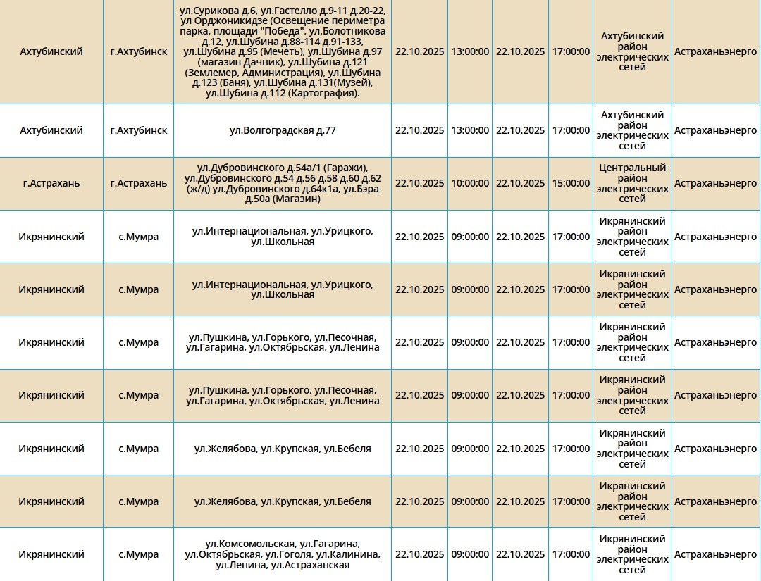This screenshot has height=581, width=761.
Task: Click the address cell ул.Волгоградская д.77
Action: (x=283, y=130)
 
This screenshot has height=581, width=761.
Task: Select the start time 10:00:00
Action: (x=470, y=183)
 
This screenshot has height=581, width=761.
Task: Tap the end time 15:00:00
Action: (x=570, y=183)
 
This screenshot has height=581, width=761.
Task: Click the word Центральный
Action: (x=632, y=168)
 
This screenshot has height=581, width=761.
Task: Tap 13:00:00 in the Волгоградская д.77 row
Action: (x=470, y=130)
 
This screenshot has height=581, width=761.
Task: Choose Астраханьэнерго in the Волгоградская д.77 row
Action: (x=715, y=130)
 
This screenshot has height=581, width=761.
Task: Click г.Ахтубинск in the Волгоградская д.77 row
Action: (x=139, y=130)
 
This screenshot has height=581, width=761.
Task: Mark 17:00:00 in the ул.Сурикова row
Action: (x=570, y=51)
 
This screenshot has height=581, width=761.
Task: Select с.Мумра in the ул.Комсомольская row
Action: (x=139, y=554)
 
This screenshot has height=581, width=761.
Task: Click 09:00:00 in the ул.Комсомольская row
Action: (x=470, y=554)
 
